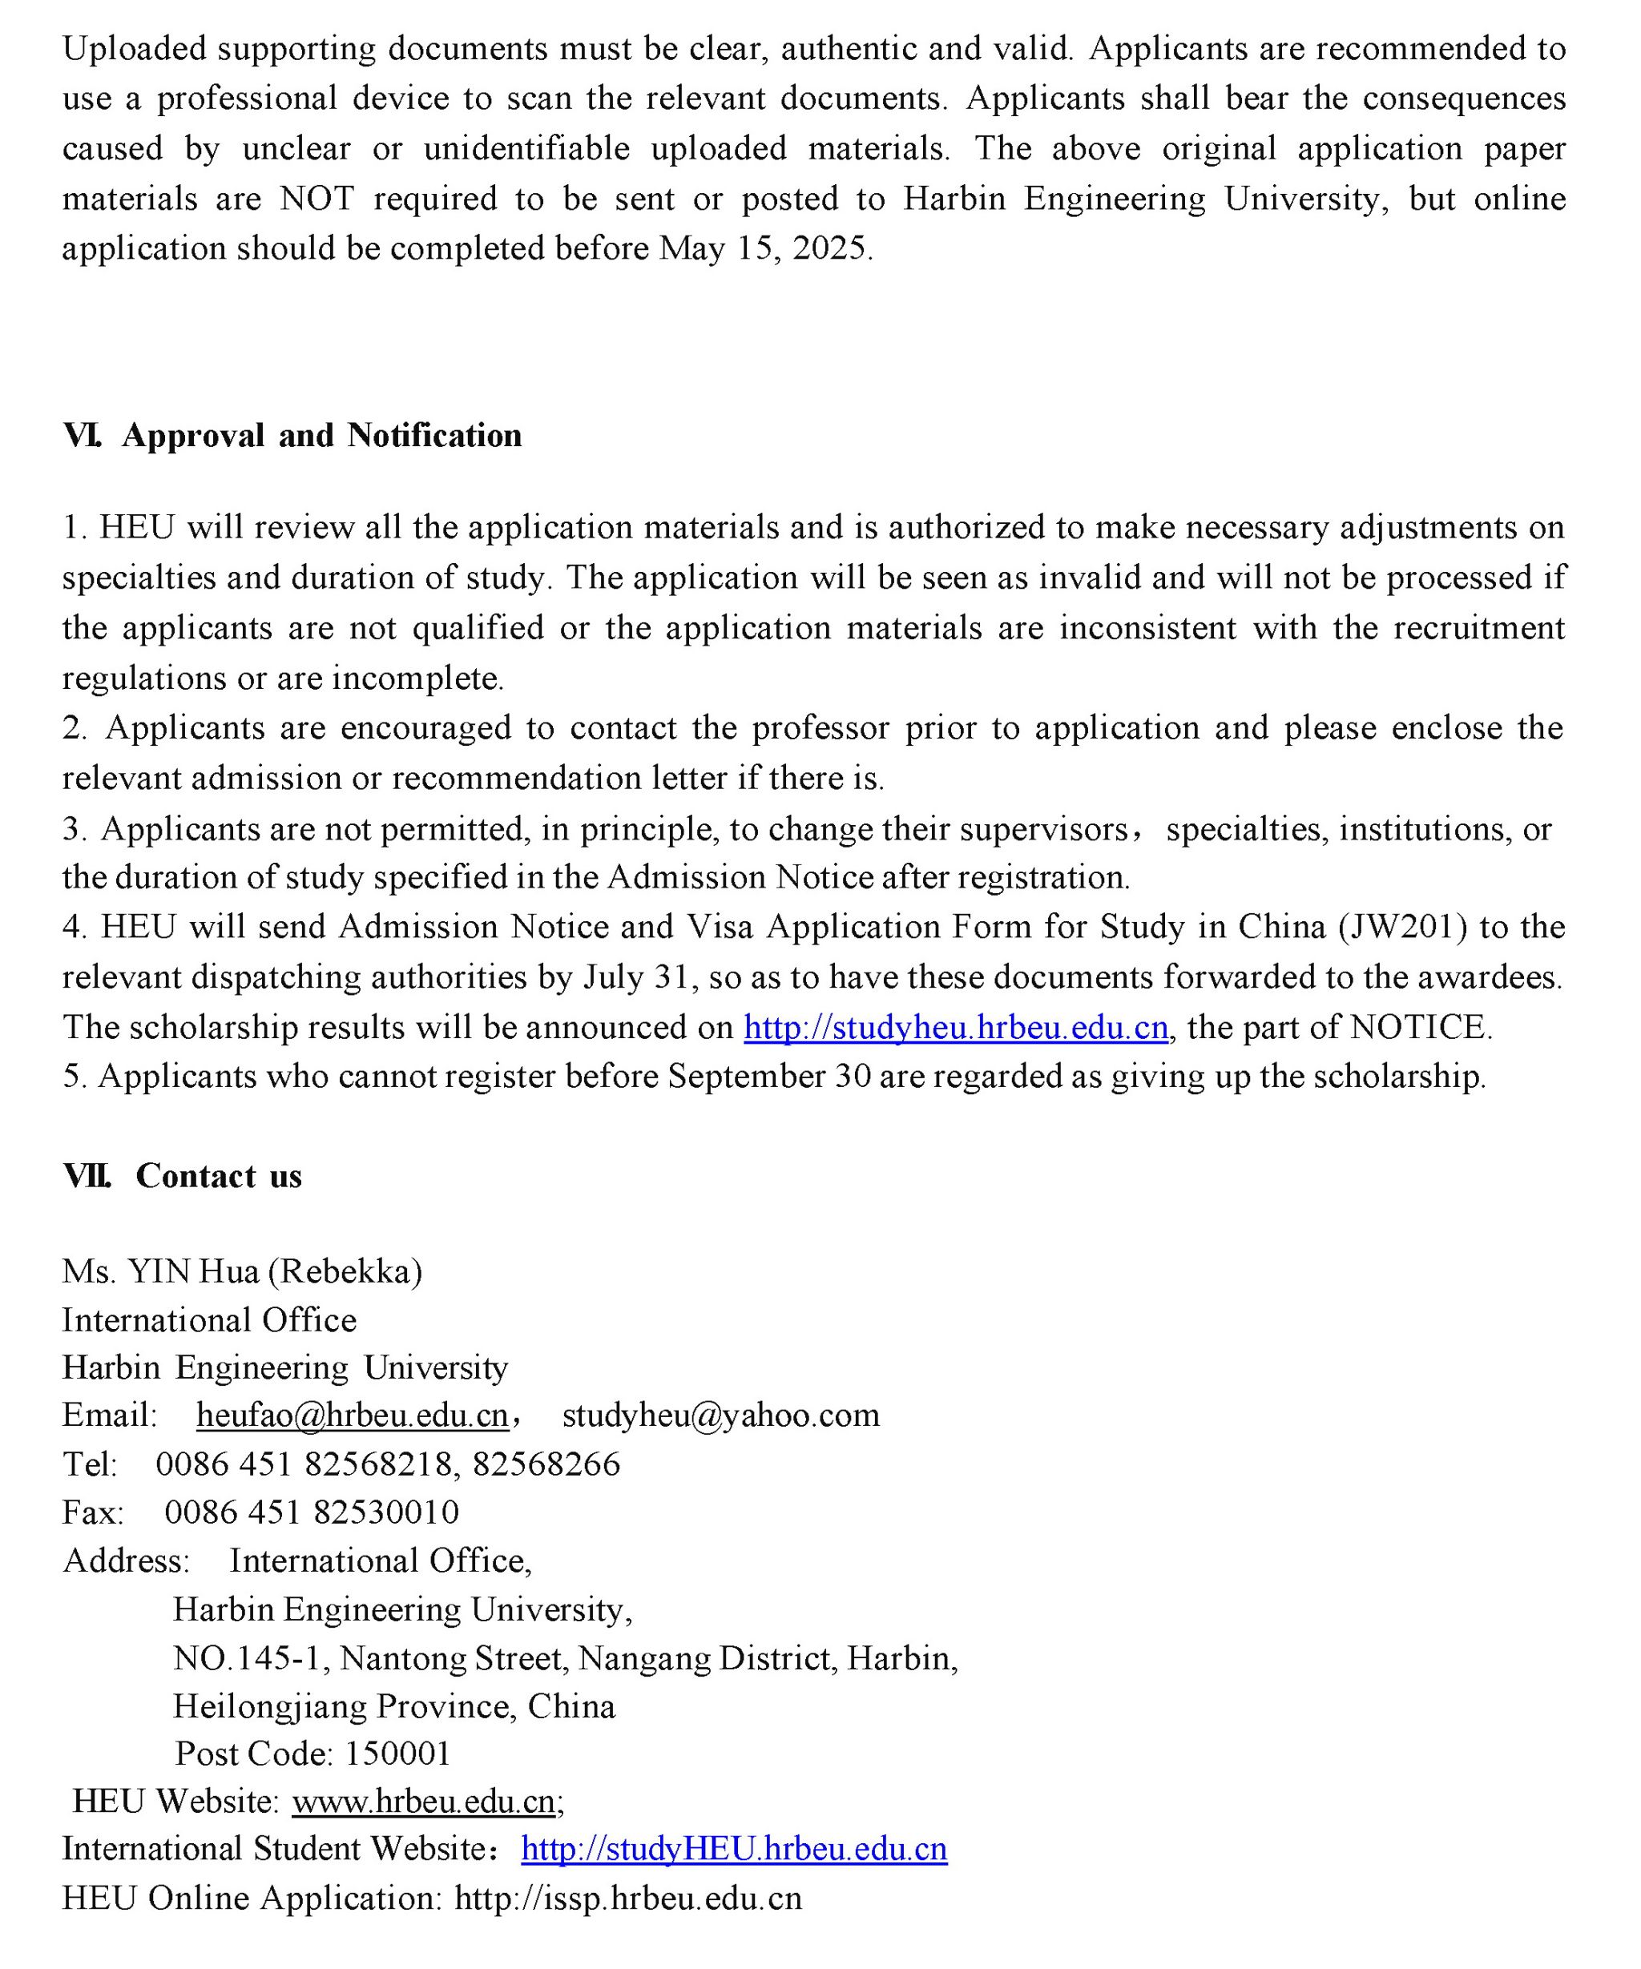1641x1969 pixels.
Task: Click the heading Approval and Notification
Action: (x=321, y=436)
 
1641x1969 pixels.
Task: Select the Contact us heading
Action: (x=218, y=1177)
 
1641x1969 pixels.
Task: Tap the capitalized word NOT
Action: (x=317, y=199)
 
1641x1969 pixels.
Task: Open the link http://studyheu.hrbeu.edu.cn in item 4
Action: (x=956, y=1028)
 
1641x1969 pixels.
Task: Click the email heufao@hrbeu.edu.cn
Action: (x=352, y=1415)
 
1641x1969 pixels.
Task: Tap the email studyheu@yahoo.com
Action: (x=720, y=1415)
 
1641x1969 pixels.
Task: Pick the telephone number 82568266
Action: (x=546, y=1464)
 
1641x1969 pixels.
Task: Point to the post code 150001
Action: (x=397, y=1753)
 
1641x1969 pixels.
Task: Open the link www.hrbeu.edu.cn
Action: (x=425, y=1801)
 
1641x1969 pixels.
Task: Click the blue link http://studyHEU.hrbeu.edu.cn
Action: (x=733, y=1849)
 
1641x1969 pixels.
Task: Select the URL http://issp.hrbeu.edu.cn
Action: (x=627, y=1898)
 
